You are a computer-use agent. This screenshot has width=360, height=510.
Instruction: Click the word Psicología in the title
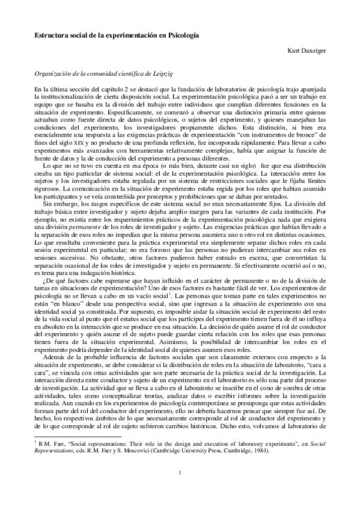(182, 35)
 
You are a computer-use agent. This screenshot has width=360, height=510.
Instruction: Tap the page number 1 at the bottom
(180, 488)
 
